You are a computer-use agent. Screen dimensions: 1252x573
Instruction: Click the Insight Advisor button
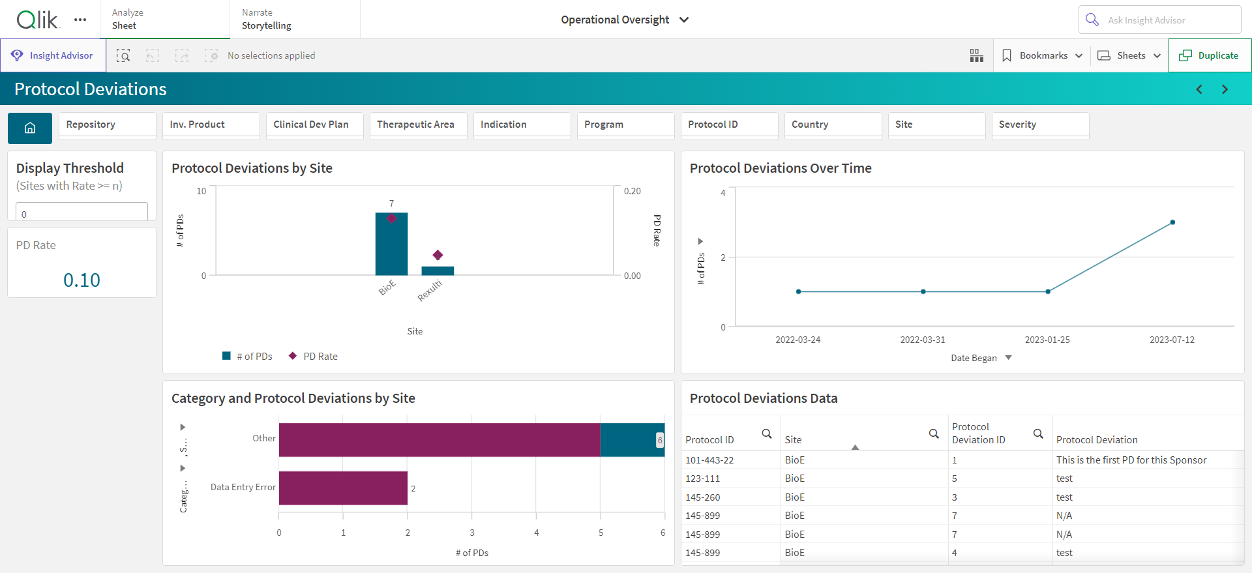coord(53,55)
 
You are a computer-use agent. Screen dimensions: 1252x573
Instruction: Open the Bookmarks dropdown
coord(1041,55)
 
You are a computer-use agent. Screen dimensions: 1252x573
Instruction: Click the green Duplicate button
coord(1210,55)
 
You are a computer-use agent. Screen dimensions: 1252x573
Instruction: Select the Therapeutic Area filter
coord(418,125)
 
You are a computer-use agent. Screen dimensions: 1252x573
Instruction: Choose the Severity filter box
coord(1040,125)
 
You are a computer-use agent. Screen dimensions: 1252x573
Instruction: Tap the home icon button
coord(30,128)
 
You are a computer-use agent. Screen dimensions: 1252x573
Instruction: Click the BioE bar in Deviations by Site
coord(391,244)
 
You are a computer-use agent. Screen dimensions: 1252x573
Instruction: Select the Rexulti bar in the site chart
coord(438,271)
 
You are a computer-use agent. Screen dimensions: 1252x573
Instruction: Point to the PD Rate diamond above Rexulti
coord(438,255)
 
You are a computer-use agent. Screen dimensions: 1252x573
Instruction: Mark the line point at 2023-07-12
coord(1172,222)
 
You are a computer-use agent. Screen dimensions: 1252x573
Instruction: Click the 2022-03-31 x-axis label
coord(922,340)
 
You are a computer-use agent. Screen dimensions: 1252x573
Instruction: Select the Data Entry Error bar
coord(343,488)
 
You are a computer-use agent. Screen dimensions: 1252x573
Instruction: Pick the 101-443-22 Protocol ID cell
coord(709,460)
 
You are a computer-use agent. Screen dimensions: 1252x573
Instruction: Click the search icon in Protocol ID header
coord(767,433)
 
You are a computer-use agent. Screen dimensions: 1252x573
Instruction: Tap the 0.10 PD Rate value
coord(82,280)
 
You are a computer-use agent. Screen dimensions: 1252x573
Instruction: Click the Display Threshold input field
coord(82,213)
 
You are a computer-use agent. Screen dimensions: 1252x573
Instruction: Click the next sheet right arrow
coord(1225,89)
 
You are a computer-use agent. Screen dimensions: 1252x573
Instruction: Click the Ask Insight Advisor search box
coord(1159,20)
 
